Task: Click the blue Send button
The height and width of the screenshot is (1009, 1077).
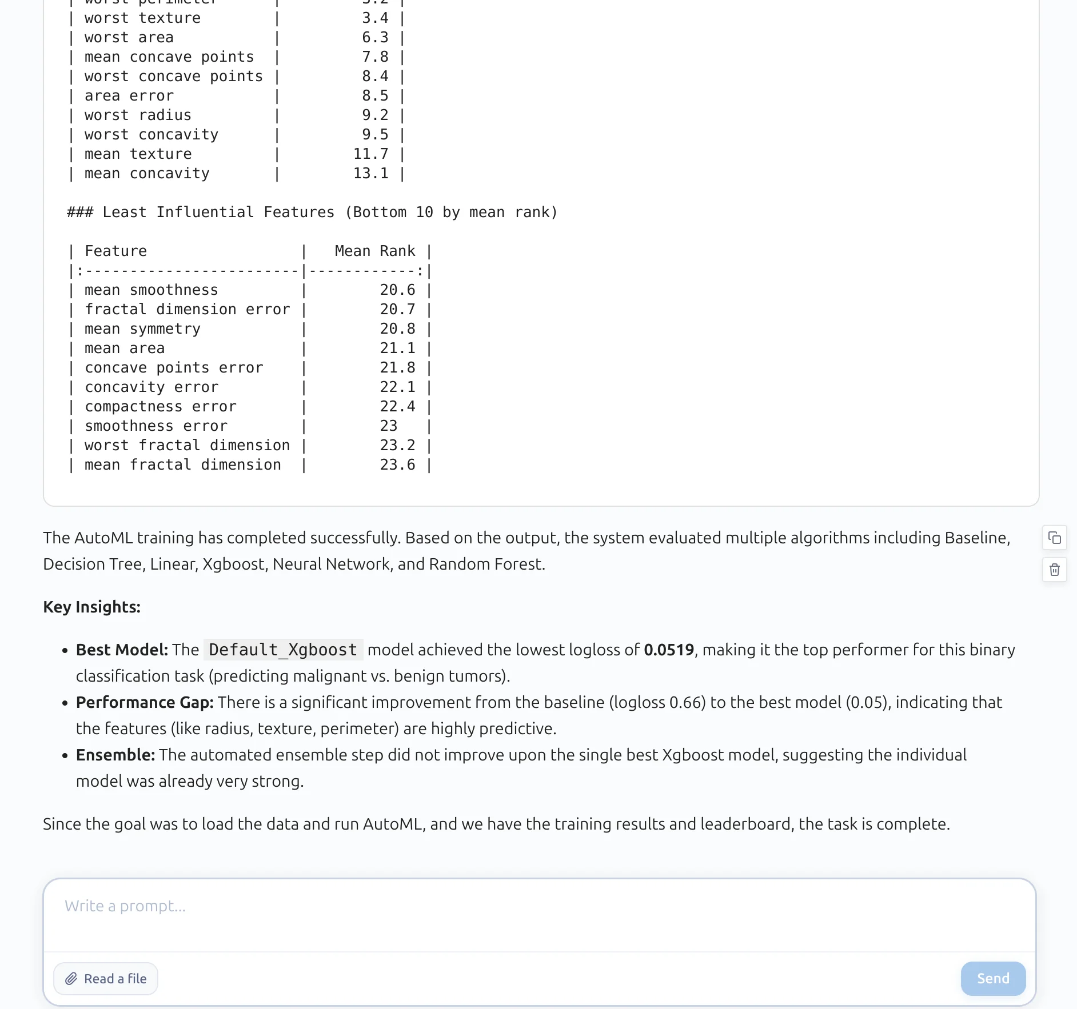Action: (x=993, y=979)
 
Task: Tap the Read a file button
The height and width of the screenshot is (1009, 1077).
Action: (x=106, y=979)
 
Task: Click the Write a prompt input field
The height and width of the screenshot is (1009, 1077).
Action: (x=537, y=914)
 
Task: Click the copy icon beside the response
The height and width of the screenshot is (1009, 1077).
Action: (x=1055, y=538)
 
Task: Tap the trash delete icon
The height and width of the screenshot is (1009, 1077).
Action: (x=1055, y=570)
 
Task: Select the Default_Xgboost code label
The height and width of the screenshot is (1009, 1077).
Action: (x=283, y=650)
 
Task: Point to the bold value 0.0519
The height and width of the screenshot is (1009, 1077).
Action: (x=668, y=650)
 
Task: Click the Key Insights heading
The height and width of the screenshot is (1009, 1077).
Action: (x=91, y=607)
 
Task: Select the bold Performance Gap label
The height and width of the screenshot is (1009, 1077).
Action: (x=145, y=703)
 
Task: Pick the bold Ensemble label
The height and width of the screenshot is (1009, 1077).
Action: (x=115, y=755)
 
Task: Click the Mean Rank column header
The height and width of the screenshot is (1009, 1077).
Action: (x=374, y=251)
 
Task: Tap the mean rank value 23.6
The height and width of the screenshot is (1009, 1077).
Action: (x=397, y=465)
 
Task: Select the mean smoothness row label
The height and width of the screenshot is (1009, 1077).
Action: (x=151, y=290)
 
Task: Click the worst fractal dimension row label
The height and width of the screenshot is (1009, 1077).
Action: (x=187, y=446)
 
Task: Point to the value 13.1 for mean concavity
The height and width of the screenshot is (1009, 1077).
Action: (x=370, y=174)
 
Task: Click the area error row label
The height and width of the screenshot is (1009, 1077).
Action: (x=129, y=96)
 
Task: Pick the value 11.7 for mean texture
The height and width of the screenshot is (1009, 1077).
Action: (x=370, y=154)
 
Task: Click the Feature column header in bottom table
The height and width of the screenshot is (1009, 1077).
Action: (x=115, y=251)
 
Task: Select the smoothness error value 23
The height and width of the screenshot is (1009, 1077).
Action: (x=388, y=426)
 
